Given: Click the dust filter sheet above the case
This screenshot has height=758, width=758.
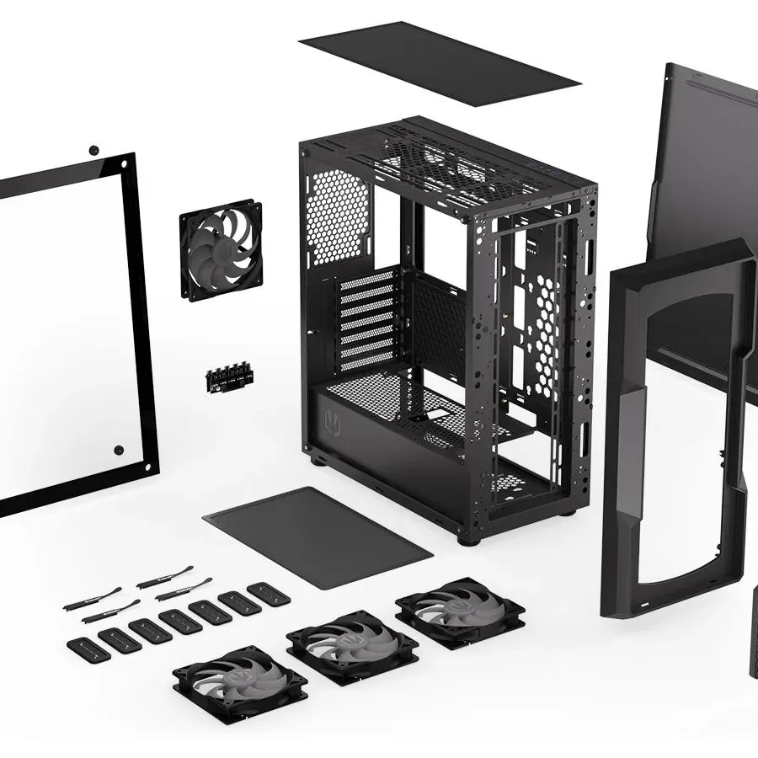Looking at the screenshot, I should (x=438, y=62).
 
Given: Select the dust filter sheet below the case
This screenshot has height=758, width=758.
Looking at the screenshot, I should (x=318, y=536).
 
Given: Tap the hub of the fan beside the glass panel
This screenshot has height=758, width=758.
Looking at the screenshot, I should (x=220, y=249).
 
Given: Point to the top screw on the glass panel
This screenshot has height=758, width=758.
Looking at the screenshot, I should (x=93, y=150).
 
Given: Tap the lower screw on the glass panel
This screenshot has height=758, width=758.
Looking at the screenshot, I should (x=119, y=451).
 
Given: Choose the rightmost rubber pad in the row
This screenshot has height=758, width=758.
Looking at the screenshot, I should (x=269, y=594).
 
